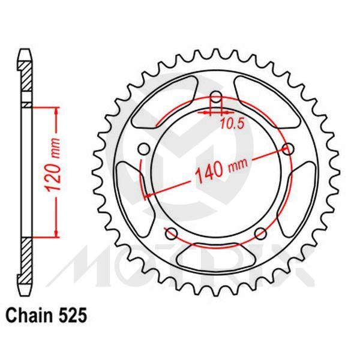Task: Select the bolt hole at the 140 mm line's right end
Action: pos(290,149)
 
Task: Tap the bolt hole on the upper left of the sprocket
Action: pos(143,149)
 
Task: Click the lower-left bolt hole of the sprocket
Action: pos(170,233)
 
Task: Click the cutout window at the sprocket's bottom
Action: pos(216,255)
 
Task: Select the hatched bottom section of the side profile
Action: pos(25,264)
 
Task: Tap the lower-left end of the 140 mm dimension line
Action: pos(145,196)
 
